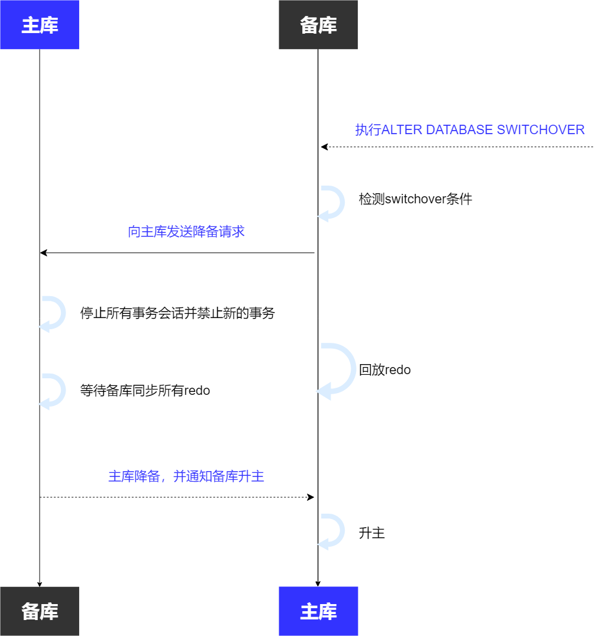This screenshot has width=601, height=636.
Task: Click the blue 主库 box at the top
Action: pyautogui.click(x=40, y=25)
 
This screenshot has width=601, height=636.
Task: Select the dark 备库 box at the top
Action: pyautogui.click(x=318, y=25)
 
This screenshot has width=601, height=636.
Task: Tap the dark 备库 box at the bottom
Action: pyautogui.click(x=40, y=611)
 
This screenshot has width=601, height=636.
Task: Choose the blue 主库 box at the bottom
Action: pyautogui.click(x=318, y=611)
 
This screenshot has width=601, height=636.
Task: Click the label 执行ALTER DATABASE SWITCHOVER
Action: pyautogui.click(x=469, y=130)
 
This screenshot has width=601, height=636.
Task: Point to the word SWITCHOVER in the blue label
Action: pyautogui.click(x=540, y=130)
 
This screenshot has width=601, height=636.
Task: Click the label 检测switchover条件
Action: pyautogui.click(x=415, y=199)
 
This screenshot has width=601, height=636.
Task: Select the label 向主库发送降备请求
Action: pyautogui.click(x=186, y=232)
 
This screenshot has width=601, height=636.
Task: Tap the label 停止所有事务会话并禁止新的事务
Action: pyautogui.click(x=177, y=313)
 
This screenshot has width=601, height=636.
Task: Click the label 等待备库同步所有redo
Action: pyautogui.click(x=145, y=391)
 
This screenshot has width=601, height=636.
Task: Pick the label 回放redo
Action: pyautogui.click(x=384, y=371)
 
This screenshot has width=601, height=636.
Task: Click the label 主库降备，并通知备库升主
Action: pyautogui.click(x=186, y=476)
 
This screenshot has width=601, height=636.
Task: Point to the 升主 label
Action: pyautogui.click(x=371, y=533)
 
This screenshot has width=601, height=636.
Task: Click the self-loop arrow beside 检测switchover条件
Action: pyautogui.click(x=333, y=203)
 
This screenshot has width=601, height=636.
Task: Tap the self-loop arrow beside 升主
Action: pyautogui.click(x=333, y=530)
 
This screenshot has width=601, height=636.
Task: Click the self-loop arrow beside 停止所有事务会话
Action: pyautogui.click(x=54, y=313)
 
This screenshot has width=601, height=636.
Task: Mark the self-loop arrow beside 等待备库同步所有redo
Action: pyautogui.click(x=54, y=390)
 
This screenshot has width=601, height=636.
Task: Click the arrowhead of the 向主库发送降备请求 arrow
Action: pyautogui.click(x=43, y=253)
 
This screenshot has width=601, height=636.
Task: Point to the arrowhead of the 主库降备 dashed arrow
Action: pyautogui.click(x=311, y=497)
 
